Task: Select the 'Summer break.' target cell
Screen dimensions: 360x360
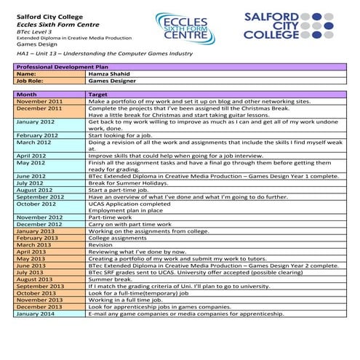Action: [112, 279]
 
